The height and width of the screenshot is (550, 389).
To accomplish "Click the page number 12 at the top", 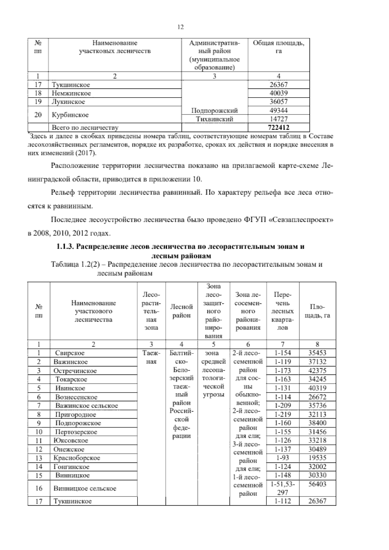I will point(181,27).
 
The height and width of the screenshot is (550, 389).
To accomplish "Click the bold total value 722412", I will point(278,128).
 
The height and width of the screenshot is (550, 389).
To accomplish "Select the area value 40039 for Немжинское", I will point(278,93).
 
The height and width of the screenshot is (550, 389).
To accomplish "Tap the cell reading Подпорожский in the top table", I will point(214,111).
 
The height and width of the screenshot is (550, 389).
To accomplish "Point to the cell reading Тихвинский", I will point(214,119).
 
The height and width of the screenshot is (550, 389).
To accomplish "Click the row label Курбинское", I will point(70,115).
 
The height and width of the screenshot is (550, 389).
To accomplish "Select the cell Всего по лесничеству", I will point(85,128).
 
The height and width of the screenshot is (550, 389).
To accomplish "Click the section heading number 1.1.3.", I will point(66,247).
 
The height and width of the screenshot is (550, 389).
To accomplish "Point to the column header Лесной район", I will point(182,311).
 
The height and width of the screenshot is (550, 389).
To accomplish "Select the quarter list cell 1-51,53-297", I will point(282,488).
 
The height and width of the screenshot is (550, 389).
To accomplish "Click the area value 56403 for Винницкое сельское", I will point(317,484).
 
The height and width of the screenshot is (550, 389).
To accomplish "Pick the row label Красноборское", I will point(77,458).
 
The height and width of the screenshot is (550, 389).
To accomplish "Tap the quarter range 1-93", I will point(282,458).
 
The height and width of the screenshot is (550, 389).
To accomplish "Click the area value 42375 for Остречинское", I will point(317,371).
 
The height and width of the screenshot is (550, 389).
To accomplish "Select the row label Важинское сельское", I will point(87,406).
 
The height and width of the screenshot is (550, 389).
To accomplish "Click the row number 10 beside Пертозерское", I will point(39,432).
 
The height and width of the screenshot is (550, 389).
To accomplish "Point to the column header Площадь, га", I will point(317,311).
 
